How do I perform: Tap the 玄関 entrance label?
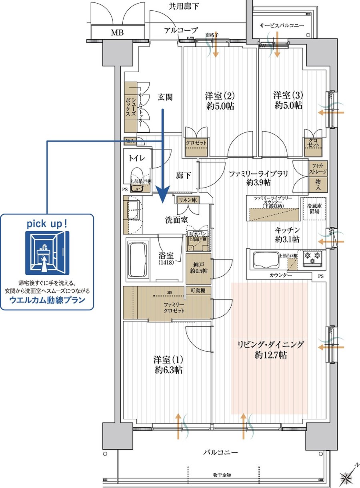coord(165,97)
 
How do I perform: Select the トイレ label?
coord(134,158)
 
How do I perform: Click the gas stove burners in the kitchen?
coord(312,258)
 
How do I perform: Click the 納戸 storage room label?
coord(199,267)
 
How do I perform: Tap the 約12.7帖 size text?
coord(271,355)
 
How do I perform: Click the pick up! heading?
coord(47,224)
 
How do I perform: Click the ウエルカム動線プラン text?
coord(47,300)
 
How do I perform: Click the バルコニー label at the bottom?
coord(220,452)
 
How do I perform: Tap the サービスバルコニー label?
coord(282,25)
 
